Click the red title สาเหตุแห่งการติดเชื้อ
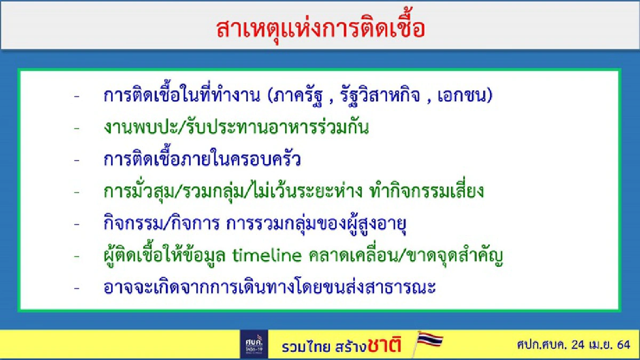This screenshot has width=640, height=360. click(x=321, y=29)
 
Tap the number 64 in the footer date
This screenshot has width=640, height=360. click(x=623, y=345)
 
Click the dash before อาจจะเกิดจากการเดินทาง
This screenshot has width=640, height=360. click(x=77, y=289)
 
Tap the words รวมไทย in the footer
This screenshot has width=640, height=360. click(x=303, y=346)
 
